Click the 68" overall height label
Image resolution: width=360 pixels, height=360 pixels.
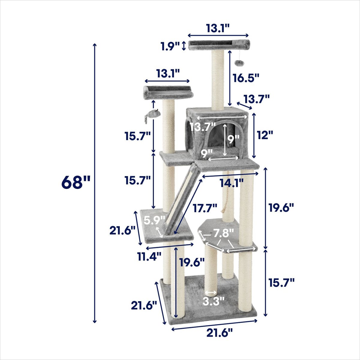tap(76, 182)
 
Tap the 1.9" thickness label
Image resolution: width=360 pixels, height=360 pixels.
tap(170, 46)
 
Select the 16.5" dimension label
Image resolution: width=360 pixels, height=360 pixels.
tap(246, 78)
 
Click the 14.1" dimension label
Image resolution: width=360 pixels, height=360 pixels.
tap(231, 183)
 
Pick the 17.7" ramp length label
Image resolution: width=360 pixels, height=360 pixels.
tap(205, 208)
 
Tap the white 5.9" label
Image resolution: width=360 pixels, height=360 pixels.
tap(154, 220)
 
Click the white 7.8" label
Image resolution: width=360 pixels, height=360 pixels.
tap(223, 233)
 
